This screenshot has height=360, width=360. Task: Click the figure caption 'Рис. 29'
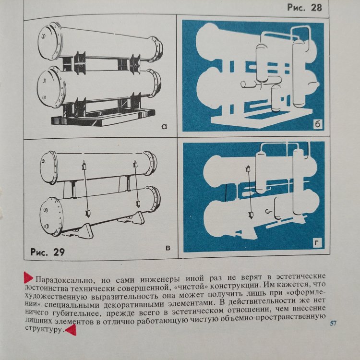[48, 252]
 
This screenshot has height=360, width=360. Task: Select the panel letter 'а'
[164, 126]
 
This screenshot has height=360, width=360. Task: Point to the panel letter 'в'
[168, 248]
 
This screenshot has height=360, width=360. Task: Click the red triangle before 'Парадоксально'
[28, 277]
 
